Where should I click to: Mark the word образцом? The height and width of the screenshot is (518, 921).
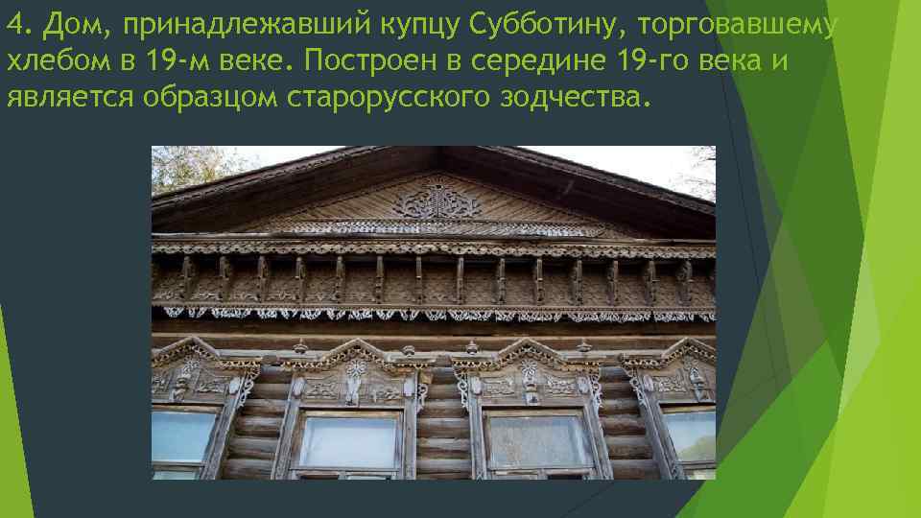point(210,98)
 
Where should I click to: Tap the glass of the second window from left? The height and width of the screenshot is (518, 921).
point(348,442)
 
